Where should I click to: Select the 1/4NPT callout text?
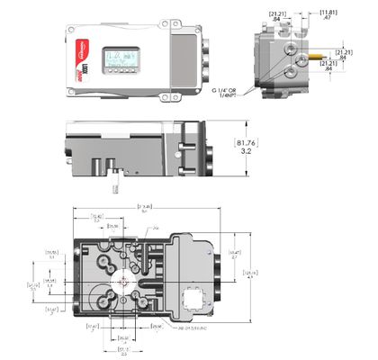(x=229, y=97)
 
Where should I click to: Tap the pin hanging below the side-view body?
(x=114, y=184)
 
